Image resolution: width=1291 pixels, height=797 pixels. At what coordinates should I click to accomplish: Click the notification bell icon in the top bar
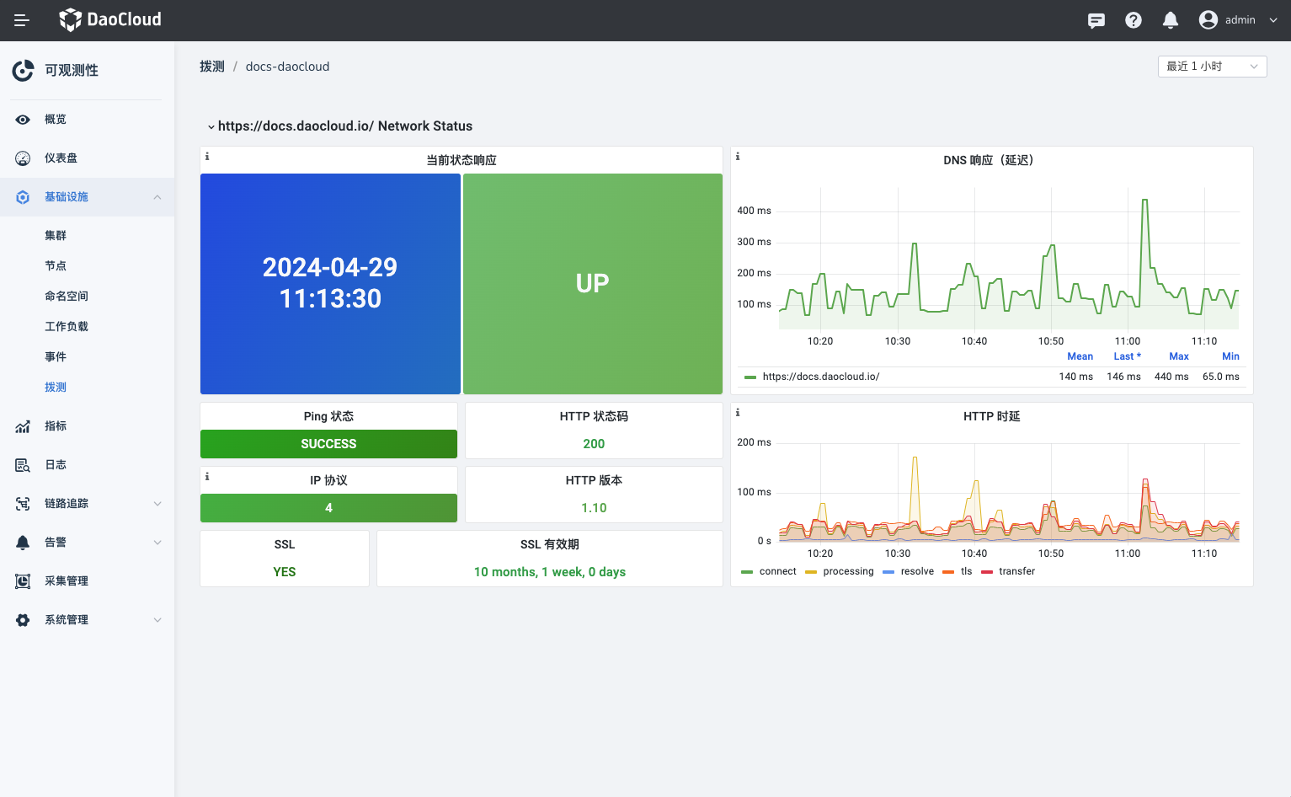pyautogui.click(x=1170, y=20)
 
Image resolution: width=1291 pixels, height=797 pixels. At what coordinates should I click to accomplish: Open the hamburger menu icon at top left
pyautogui.click(x=22, y=20)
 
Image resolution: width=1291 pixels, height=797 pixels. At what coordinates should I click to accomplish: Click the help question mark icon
pyautogui.click(x=1133, y=20)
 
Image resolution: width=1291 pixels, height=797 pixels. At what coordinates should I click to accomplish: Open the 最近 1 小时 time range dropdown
pyautogui.click(x=1212, y=67)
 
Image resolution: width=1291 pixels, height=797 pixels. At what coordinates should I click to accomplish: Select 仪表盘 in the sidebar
pyautogui.click(x=61, y=158)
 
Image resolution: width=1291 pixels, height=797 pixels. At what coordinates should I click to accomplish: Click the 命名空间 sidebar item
pyautogui.click(x=67, y=297)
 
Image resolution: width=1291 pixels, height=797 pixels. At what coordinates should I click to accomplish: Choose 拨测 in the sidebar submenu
pyautogui.click(x=56, y=388)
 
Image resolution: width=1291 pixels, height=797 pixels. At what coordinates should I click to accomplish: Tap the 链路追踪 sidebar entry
pyautogui.click(x=67, y=504)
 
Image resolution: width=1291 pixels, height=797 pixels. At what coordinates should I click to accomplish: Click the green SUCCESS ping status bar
pyautogui.click(x=328, y=444)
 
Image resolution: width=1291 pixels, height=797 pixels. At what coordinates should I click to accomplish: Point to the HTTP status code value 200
pyautogui.click(x=594, y=444)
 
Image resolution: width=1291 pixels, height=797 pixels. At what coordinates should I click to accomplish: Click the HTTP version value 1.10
pyautogui.click(x=594, y=508)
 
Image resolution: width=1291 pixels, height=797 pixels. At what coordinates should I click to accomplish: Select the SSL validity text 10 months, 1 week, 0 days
pyautogui.click(x=549, y=572)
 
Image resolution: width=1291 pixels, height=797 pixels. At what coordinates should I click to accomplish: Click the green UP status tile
pyautogui.click(x=592, y=284)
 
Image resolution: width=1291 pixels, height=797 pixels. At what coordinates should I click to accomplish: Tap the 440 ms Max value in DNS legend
pyautogui.click(x=1171, y=377)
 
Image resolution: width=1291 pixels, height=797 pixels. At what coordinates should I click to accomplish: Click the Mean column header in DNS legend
pyautogui.click(x=1080, y=356)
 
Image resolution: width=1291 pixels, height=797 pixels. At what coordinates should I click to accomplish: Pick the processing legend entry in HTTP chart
pyautogui.click(x=847, y=571)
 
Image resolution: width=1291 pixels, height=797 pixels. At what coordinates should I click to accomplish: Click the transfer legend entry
pyautogui.click(x=1016, y=571)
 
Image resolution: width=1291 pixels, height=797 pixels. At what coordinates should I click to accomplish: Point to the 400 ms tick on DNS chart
pyautogui.click(x=754, y=211)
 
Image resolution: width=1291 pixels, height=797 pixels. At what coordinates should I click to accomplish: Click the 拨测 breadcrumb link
pyautogui.click(x=212, y=67)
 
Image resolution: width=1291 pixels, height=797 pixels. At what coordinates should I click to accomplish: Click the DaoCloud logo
pyautogui.click(x=110, y=19)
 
